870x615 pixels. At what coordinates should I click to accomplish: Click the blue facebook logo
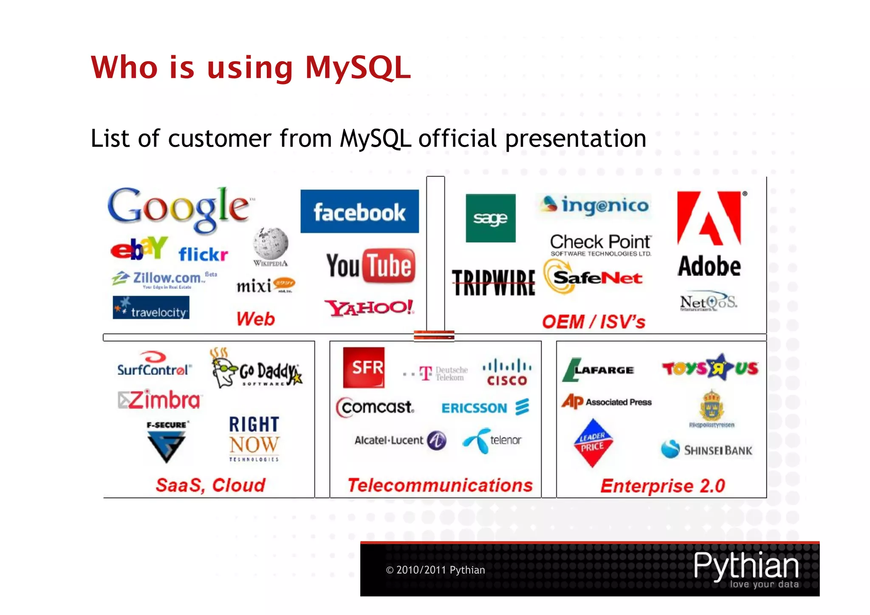click(359, 211)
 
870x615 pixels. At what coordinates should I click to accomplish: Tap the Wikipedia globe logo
click(271, 244)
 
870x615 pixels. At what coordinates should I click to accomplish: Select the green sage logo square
click(490, 218)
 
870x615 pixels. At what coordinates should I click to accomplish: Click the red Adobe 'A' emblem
click(709, 218)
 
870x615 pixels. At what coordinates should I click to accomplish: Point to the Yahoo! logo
click(369, 307)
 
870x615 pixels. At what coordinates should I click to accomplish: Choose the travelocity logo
click(151, 308)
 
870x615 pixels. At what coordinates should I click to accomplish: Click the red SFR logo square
click(364, 367)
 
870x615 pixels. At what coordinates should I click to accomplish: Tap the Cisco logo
click(507, 372)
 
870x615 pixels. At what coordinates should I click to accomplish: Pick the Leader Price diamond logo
click(592, 442)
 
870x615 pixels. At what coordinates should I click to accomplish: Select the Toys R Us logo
click(710, 367)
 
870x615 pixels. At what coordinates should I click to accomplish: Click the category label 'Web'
click(255, 319)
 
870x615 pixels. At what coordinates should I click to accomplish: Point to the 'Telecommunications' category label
click(440, 485)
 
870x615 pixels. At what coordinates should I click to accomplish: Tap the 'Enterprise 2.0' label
click(662, 486)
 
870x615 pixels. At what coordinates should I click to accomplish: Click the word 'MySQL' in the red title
click(358, 68)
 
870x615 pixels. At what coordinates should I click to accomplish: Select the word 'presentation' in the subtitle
click(576, 139)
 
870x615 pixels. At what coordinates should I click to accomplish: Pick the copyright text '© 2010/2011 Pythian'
click(435, 570)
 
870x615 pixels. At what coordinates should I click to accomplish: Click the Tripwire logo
click(493, 282)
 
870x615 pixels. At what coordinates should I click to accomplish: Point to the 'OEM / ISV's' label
click(593, 322)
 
